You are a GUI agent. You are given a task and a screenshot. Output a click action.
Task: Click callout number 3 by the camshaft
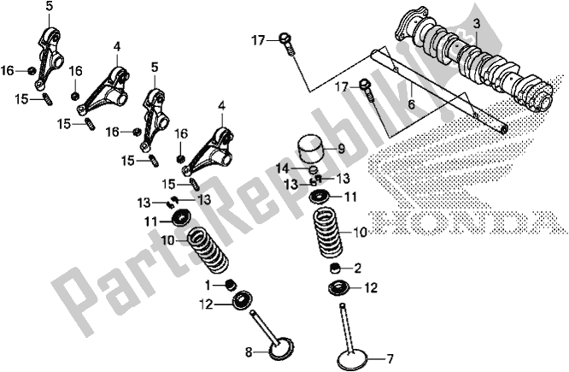(477, 23)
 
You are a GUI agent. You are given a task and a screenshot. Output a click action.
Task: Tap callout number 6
(410, 103)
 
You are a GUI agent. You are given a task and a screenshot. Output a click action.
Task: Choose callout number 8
(248, 351)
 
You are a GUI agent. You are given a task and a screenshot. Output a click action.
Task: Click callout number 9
(340, 147)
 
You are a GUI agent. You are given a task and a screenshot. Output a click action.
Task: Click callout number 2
(358, 267)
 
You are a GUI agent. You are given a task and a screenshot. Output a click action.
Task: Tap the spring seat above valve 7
(338, 288)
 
